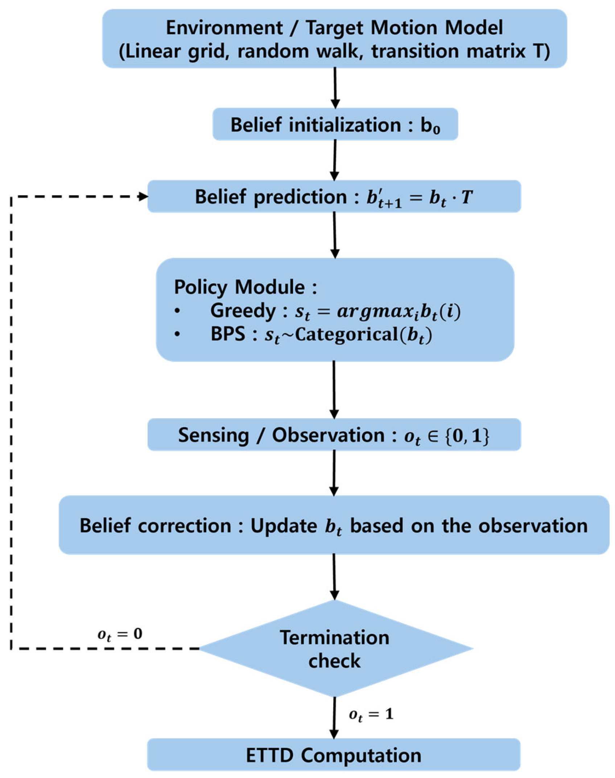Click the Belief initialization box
pos(335,124)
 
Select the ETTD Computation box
pos(334,755)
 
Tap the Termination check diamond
pos(335,649)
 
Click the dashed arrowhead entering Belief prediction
pos(144,197)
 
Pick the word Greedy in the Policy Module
pos(243,311)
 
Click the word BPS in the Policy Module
pos(228,334)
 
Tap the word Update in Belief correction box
pos(284,526)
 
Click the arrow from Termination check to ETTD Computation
pos(334,717)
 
